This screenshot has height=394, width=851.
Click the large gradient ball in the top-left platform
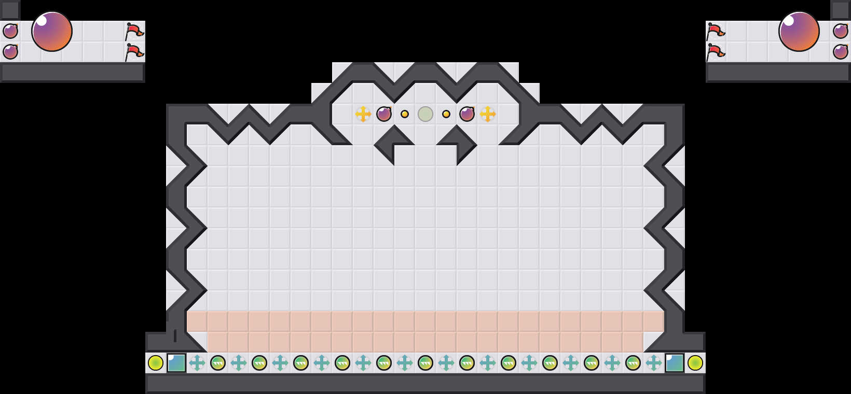(52, 31)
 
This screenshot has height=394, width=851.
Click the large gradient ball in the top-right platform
(799, 31)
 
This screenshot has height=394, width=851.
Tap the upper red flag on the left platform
(134, 32)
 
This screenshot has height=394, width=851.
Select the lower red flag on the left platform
(134, 52)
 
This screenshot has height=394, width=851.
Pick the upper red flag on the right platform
(716, 32)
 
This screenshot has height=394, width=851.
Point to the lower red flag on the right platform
(716, 52)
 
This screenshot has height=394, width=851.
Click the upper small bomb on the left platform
(10, 31)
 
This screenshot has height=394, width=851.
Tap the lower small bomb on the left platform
(10, 52)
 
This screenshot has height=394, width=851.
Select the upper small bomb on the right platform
(841, 31)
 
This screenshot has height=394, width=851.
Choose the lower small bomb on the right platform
(841, 52)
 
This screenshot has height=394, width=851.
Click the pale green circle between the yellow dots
(425, 114)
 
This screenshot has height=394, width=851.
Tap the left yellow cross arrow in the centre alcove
(363, 114)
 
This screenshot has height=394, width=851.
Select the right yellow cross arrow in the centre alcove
(488, 114)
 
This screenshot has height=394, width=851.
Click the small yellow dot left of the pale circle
(405, 114)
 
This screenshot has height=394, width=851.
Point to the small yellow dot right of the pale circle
(446, 114)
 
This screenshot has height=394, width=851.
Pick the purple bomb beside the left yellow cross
(384, 114)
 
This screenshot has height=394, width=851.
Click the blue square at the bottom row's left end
(176, 363)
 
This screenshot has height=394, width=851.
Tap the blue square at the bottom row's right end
(675, 363)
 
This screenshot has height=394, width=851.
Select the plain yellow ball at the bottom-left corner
(156, 363)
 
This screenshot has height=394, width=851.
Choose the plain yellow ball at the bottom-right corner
(695, 363)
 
